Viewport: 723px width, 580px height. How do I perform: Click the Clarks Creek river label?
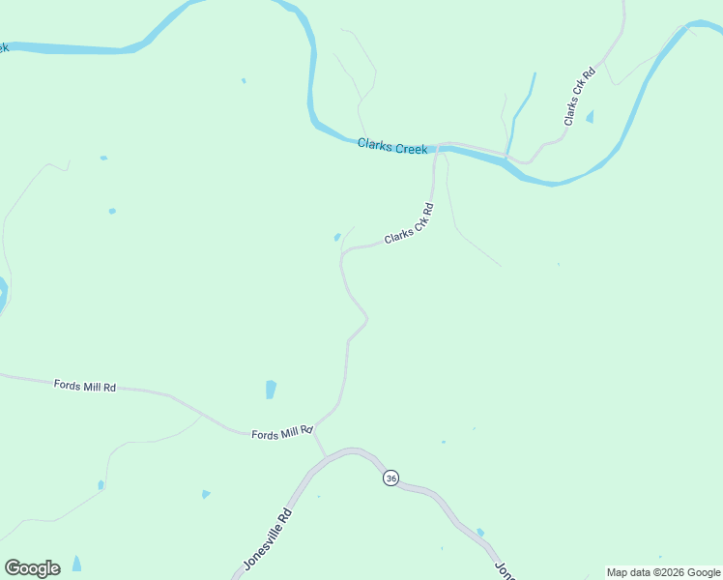pos(392,148)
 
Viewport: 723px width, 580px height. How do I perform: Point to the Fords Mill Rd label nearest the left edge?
pos(85,386)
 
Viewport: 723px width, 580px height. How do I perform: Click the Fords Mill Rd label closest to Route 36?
pos(282,433)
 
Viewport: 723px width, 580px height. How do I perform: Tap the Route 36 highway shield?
pos(390,478)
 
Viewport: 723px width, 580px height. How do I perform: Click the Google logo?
pos(32,568)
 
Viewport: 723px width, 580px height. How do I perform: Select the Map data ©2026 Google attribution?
pos(663,572)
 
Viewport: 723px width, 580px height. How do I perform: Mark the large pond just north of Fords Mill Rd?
pos(271,390)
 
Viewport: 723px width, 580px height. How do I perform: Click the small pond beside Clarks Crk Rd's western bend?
pos(336,237)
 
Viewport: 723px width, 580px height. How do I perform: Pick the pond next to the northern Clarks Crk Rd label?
pos(590,117)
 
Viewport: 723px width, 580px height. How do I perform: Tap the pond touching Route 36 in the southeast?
pos(479,532)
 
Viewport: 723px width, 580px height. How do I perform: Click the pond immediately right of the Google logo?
pos(76,564)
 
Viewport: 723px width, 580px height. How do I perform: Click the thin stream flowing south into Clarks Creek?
pos(522,106)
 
